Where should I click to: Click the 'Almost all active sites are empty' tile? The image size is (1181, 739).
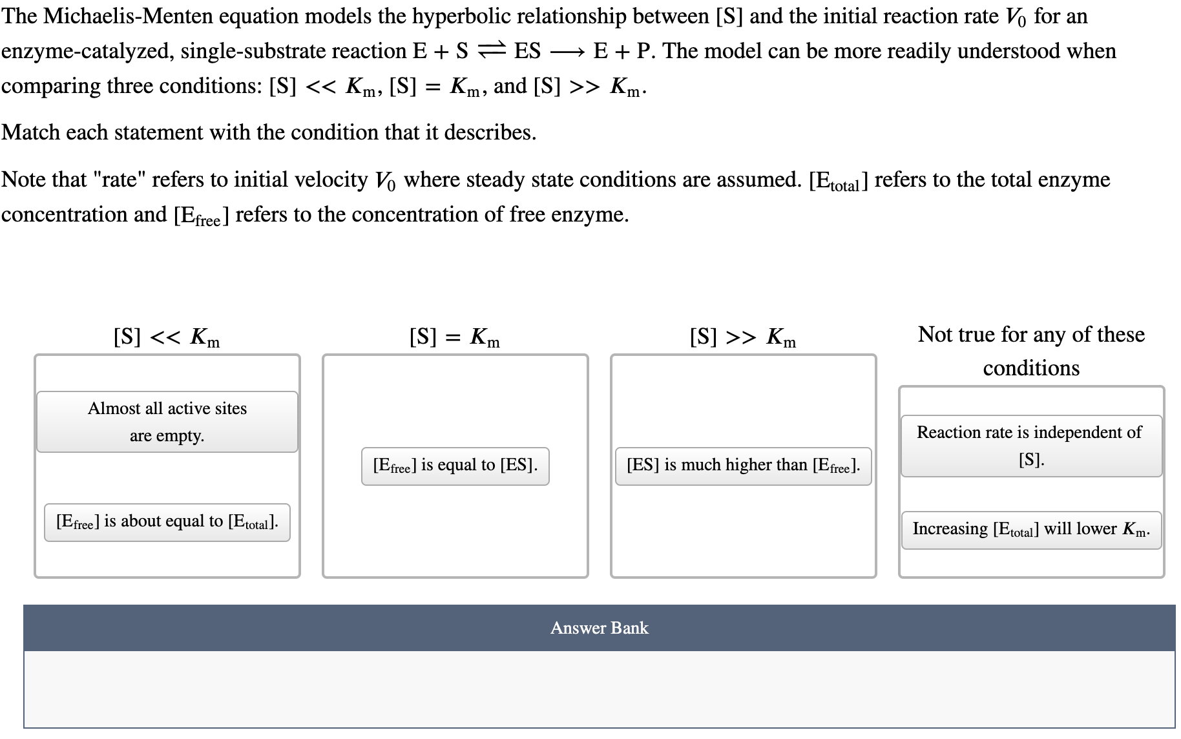pos(167,422)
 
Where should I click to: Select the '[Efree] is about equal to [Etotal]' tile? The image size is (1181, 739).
pos(167,522)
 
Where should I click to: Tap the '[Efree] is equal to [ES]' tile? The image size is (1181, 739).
pos(455,466)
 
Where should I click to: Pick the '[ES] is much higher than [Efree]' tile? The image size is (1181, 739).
pos(743,466)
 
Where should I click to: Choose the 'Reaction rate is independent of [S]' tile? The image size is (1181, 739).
pos(1030,446)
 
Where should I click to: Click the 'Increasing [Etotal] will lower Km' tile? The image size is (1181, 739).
pos(1030,530)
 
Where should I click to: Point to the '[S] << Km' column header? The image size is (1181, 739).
pos(167,337)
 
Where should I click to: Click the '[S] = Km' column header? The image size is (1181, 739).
pos(455,337)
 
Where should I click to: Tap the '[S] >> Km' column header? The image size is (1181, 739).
pos(743,337)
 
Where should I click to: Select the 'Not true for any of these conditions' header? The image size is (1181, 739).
pos(1031,351)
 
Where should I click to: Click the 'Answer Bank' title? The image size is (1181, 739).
pos(599,628)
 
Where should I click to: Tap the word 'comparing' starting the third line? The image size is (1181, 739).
pos(50,87)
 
